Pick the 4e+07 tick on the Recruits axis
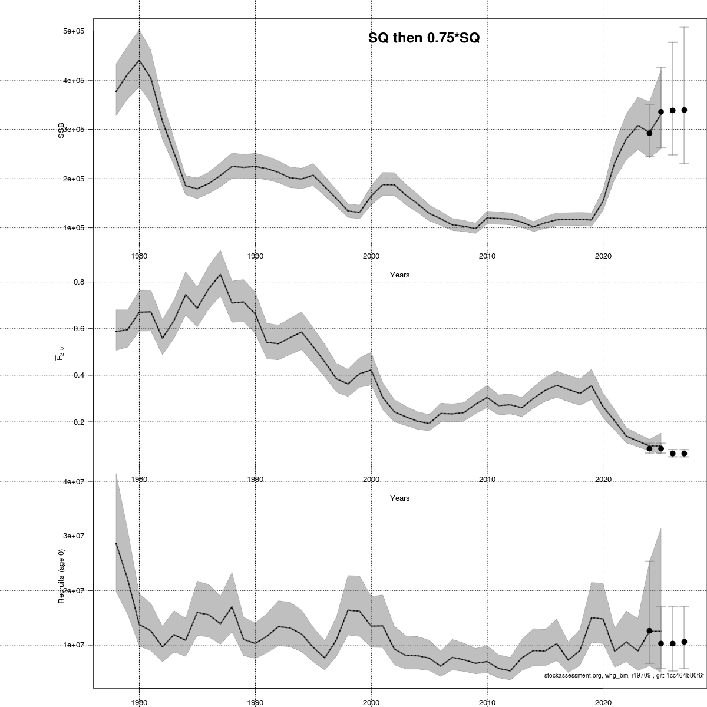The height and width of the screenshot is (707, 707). tap(74, 481)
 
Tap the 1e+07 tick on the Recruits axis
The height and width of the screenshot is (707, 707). tap(74, 645)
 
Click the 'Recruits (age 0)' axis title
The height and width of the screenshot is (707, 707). tap(61, 576)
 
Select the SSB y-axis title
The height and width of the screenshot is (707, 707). tap(61, 129)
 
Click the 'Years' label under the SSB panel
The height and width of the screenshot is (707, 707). tap(399, 275)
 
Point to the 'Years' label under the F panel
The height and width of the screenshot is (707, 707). tap(399, 498)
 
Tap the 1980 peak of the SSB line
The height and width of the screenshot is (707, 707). tap(139, 60)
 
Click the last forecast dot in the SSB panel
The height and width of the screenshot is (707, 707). tap(684, 110)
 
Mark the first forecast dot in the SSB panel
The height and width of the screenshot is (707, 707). tap(649, 133)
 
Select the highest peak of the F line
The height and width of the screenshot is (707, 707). tap(220, 275)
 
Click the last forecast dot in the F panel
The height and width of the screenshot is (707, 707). tap(684, 453)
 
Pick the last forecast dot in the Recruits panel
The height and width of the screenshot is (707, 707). tap(684, 642)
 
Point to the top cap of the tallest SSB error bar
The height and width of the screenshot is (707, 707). tap(684, 27)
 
